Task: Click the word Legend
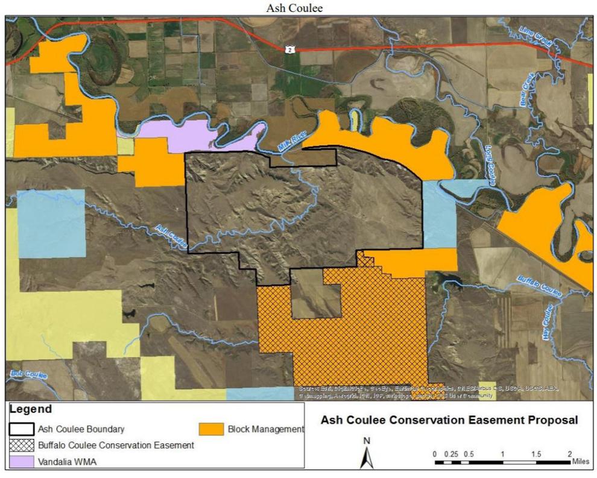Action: [x=30, y=410]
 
